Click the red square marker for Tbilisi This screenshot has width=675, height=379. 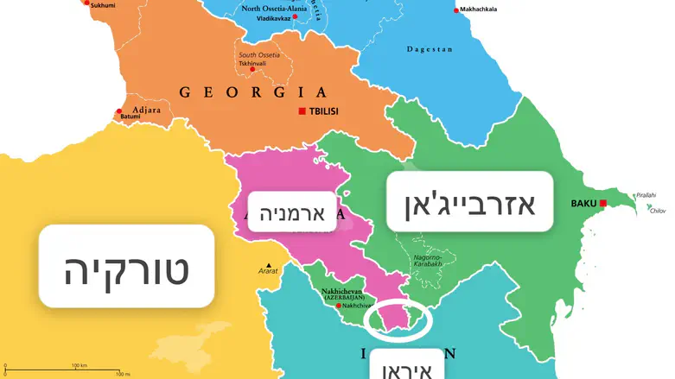(x=302, y=111)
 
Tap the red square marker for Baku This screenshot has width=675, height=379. (x=603, y=204)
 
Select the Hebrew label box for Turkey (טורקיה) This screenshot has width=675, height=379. (x=126, y=266)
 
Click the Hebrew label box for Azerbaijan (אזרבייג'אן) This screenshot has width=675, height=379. (x=469, y=201)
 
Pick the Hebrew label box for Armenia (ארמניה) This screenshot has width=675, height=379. (x=291, y=212)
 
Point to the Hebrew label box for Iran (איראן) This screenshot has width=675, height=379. (x=407, y=366)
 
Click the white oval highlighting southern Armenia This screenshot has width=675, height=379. (x=397, y=319)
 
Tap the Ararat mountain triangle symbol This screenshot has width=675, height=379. (x=270, y=265)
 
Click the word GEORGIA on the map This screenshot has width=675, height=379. (x=252, y=92)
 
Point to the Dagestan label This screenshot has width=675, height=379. (x=430, y=49)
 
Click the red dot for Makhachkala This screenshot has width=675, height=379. (x=457, y=10)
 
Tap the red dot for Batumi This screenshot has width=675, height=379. (x=119, y=111)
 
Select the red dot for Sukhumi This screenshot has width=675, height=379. (x=86, y=3)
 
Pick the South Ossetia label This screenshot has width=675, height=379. (x=259, y=55)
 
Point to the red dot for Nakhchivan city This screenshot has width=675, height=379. (x=338, y=306)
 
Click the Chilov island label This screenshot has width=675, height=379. (x=658, y=210)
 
